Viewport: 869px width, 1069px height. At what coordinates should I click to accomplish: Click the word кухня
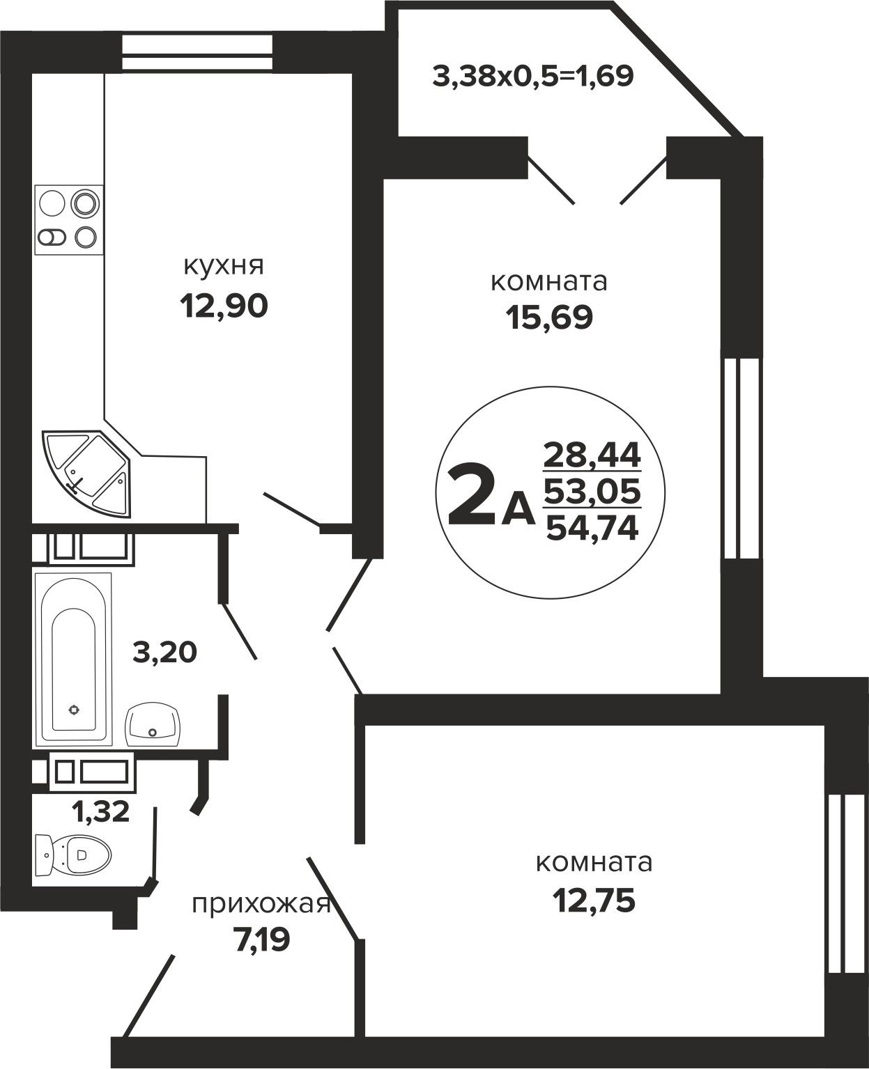tap(224, 267)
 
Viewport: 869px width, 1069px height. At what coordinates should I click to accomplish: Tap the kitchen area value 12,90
tap(224, 306)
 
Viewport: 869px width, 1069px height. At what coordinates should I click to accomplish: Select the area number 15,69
tap(549, 317)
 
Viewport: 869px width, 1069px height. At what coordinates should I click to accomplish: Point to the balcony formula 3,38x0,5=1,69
tap(532, 77)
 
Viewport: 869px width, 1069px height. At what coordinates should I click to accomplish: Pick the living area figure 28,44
tap(592, 455)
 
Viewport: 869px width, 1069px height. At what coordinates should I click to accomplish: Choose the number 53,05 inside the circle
tap(592, 492)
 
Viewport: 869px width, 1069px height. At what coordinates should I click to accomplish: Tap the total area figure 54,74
tap(592, 527)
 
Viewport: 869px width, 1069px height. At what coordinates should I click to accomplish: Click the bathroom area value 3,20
tap(164, 653)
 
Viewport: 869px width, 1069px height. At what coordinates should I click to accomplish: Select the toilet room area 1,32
tap(101, 811)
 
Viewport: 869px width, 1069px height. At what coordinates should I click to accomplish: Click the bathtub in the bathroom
tap(73, 659)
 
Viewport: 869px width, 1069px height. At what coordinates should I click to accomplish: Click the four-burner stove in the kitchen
tap(69, 220)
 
